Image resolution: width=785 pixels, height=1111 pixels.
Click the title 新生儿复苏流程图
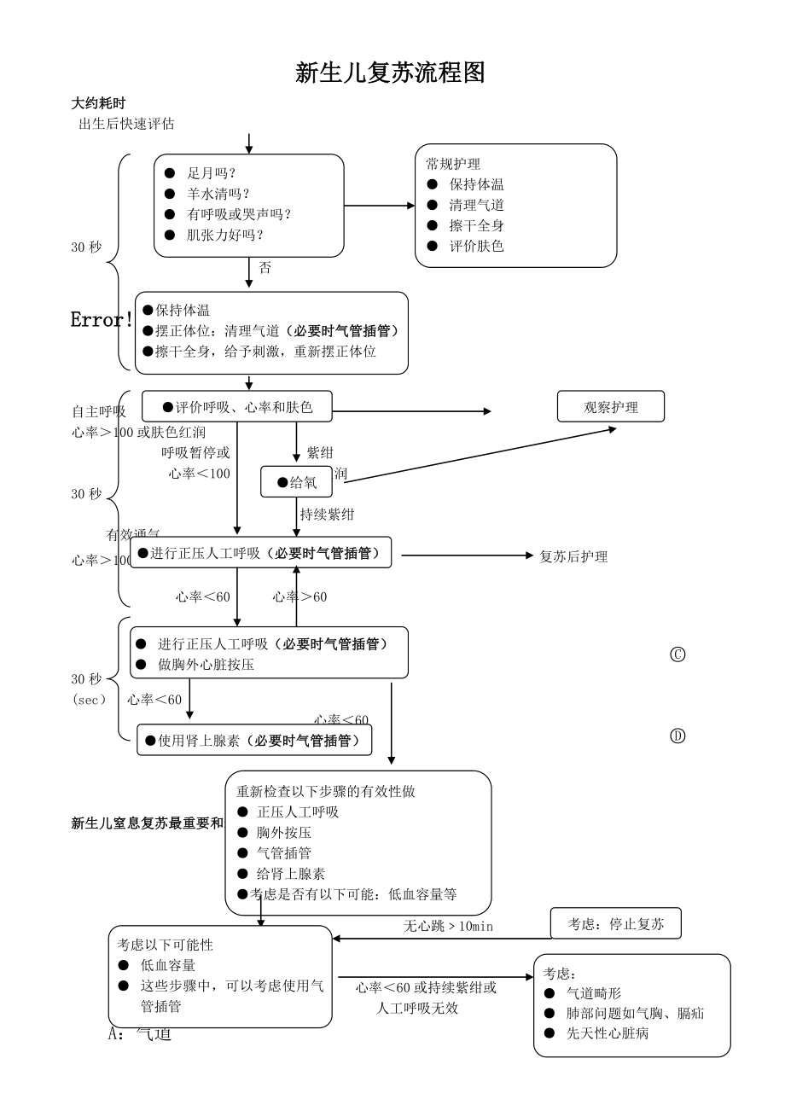click(x=390, y=73)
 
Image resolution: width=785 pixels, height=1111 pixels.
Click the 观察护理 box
click(x=610, y=407)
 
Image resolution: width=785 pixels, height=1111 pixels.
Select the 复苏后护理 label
click(x=573, y=556)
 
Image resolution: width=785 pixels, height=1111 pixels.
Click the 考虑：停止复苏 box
click(x=615, y=924)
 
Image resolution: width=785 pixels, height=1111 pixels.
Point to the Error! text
click(x=102, y=320)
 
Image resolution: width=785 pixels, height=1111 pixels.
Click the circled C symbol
click(x=677, y=654)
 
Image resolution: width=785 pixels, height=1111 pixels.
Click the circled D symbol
click(x=677, y=736)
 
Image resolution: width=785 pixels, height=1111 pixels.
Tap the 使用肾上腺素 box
click(x=254, y=740)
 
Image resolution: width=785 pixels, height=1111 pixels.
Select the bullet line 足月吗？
click(x=212, y=172)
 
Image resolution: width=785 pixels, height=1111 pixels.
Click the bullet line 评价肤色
click(x=476, y=246)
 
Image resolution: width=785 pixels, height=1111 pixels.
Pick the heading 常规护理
click(x=453, y=164)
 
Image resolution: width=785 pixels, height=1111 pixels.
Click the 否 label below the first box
click(x=265, y=268)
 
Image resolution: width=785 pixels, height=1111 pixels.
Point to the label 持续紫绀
click(x=327, y=514)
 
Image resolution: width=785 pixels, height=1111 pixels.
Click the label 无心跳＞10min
click(x=448, y=926)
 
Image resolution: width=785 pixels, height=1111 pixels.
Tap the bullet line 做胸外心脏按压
click(x=206, y=664)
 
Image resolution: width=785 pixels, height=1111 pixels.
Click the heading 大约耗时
click(x=98, y=103)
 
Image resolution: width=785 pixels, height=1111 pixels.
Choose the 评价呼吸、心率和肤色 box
click(x=236, y=407)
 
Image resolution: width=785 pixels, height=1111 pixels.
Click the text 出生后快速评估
click(x=126, y=124)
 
